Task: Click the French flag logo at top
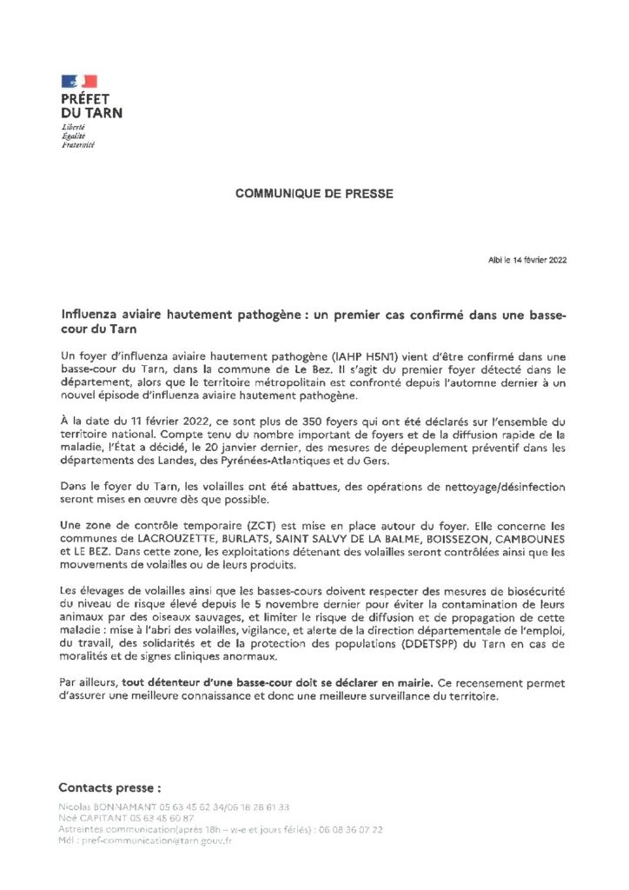pyautogui.click(x=79, y=81)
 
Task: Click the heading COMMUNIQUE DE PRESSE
pyautogui.click(x=312, y=194)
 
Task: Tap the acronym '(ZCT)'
pyautogui.click(x=241, y=525)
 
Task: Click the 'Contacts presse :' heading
pyautogui.click(x=109, y=787)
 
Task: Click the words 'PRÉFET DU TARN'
pyautogui.click(x=90, y=106)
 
